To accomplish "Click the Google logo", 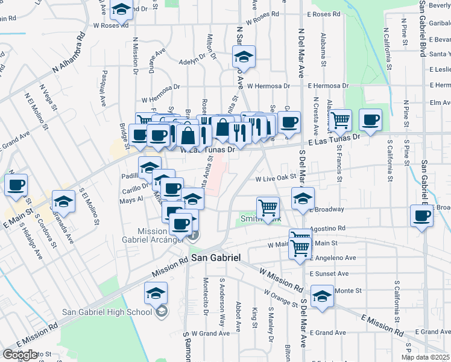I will pyautogui.click(x=20, y=355).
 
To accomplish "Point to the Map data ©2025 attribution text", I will pyautogui.click(x=426, y=357).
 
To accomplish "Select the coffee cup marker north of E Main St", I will pyautogui.click(x=16, y=185).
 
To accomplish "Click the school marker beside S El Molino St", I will pyautogui.click(x=63, y=201).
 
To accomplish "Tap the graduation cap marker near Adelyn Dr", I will pyautogui.click(x=244, y=57).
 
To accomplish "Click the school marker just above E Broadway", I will pyautogui.click(x=303, y=198).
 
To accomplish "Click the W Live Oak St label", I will pyautogui.click(x=277, y=179).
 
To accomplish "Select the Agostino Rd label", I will pyautogui.click(x=329, y=229).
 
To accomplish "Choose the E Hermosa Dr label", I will pyautogui.click(x=328, y=86).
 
